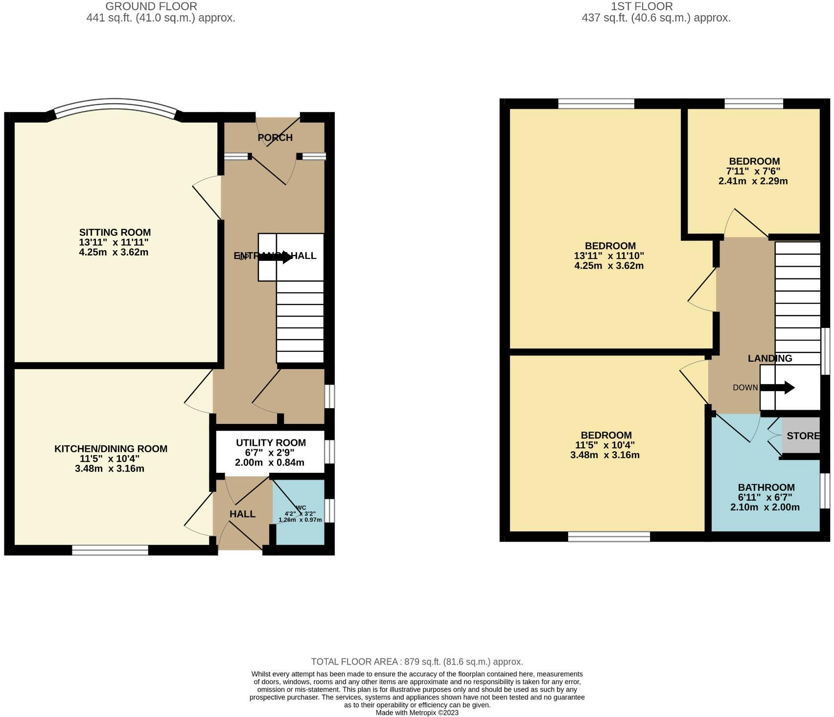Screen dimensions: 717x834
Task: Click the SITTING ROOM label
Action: coord(115,232)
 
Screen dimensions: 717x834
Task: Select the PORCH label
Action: coord(275,138)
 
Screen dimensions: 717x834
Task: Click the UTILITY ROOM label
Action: coord(271,442)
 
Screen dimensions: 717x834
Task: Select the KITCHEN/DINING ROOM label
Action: coord(111,448)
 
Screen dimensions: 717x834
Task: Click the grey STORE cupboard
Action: coord(802,435)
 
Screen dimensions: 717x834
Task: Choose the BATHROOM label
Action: coord(766,487)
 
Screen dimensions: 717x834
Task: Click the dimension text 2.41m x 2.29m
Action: coord(753,181)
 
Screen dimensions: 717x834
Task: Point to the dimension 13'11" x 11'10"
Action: coord(609,255)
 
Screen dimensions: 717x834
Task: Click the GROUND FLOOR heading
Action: coord(151,6)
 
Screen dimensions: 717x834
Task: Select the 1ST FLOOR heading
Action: coord(641,6)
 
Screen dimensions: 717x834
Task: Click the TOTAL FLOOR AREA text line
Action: coord(417,662)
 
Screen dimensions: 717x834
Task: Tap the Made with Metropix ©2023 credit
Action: coord(417,713)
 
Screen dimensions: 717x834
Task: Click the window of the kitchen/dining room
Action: coord(110,551)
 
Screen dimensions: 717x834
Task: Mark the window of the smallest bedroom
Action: coord(753,103)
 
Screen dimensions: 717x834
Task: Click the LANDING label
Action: coord(769,358)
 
